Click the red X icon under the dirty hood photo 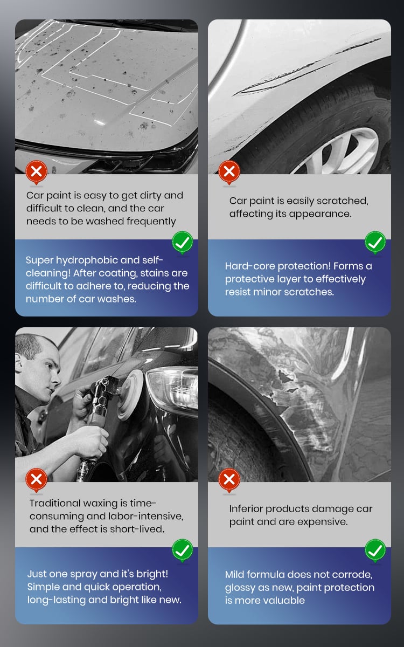point(37,172)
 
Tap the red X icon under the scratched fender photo point(229,172)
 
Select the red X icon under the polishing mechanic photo point(37,480)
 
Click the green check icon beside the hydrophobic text point(183,242)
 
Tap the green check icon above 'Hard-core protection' point(375,242)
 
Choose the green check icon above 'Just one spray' point(183,550)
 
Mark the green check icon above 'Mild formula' point(375,550)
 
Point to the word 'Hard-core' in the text point(250,266)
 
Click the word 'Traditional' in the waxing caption point(55,503)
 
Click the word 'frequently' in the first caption point(151,222)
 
